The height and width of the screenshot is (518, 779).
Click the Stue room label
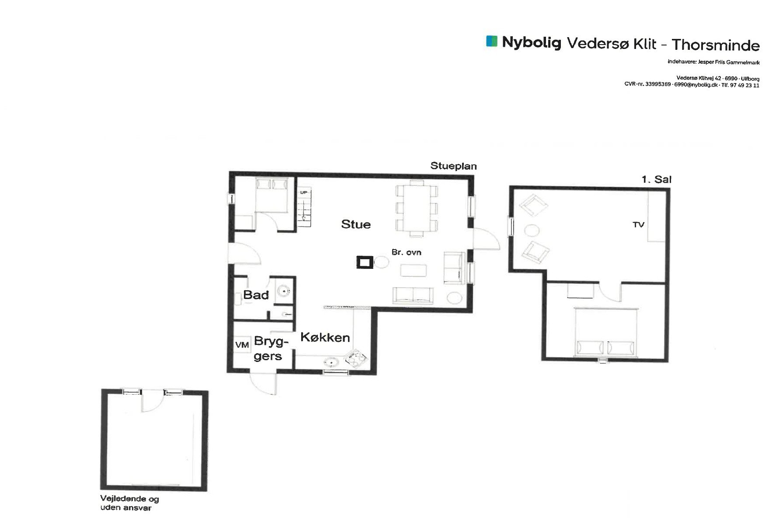pos(356,224)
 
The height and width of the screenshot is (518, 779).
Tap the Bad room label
pos(256,295)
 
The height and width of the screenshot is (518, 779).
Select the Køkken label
pos(325,337)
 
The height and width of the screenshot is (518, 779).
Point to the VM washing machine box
pos(242,345)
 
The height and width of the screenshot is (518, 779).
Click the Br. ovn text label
pos(407,252)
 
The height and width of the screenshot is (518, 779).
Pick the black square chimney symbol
pos(365,262)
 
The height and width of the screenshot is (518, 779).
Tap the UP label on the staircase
pos(303,192)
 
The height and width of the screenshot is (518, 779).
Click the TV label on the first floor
pos(639,225)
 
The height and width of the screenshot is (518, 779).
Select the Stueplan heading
pos(453,166)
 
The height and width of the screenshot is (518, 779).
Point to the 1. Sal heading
pos(657,179)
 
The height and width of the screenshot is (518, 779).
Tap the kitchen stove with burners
pos(356,359)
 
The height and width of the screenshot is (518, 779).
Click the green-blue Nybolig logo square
pos(492,41)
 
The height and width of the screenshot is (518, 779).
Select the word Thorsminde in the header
pos(716,45)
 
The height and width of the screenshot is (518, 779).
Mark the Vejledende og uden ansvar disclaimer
pos(130,503)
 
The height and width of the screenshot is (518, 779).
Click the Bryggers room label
pos(268,348)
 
